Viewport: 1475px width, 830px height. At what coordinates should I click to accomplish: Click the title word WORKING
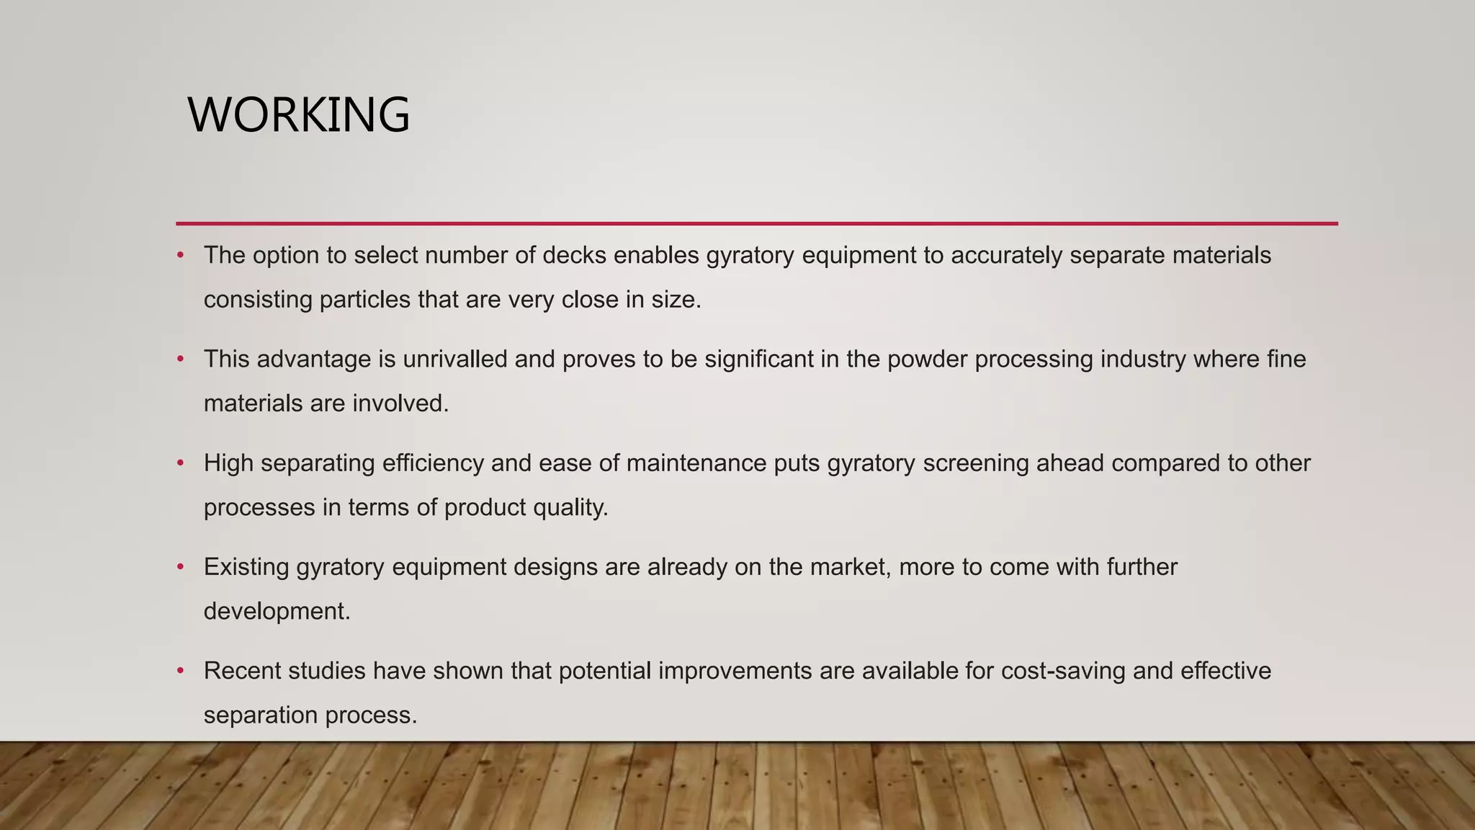298,115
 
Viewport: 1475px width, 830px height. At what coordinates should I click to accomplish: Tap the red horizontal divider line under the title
756,223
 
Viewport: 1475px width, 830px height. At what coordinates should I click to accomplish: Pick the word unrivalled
455,359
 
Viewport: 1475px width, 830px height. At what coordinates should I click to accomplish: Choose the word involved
400,403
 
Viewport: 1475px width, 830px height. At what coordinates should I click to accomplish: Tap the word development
277,611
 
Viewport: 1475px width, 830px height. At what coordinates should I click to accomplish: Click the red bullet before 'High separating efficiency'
181,463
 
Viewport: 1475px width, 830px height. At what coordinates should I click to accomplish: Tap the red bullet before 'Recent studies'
181,671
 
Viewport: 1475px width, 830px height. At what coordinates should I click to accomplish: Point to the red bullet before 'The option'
181,255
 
